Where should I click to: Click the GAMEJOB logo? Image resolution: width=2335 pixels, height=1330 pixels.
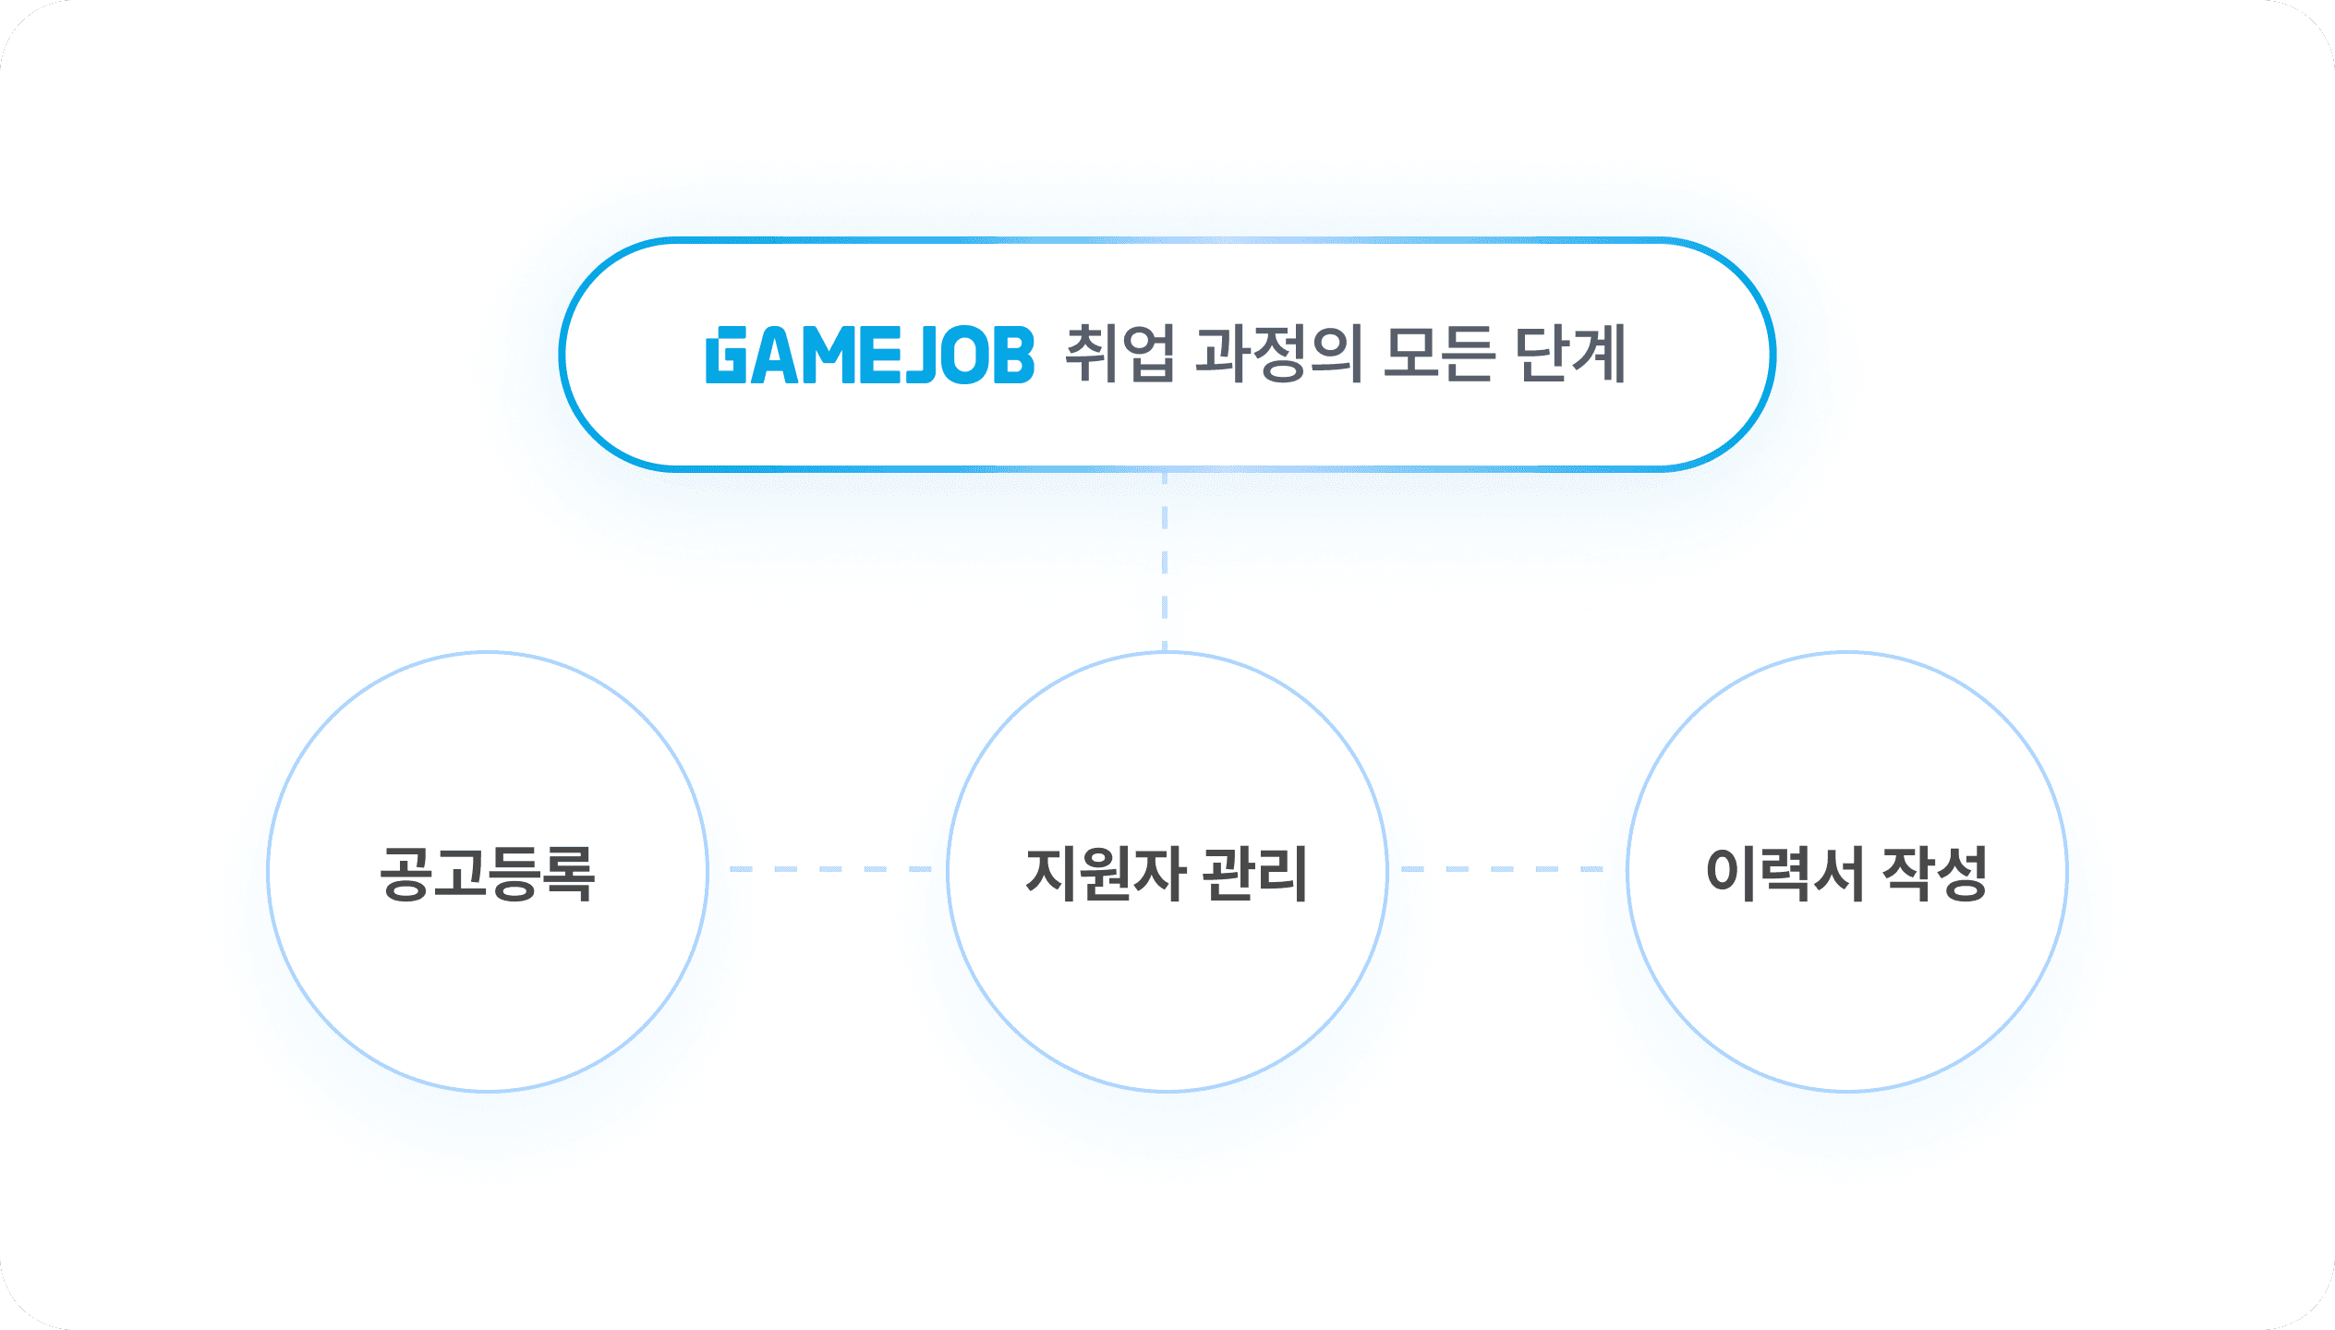coord(869,355)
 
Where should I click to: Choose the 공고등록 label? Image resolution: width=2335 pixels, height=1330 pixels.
coord(488,873)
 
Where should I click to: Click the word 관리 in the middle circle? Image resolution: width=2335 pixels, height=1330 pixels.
coord(1257,873)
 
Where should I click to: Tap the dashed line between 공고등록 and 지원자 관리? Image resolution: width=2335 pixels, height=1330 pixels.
coord(829,869)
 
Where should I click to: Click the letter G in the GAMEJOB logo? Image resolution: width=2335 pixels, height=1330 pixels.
coord(726,356)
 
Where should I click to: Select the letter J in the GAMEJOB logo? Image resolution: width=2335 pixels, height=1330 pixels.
coord(920,356)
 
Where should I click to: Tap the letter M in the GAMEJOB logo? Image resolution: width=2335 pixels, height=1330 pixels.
coord(827,356)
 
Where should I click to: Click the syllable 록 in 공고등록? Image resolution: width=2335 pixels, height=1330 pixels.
coord(569,873)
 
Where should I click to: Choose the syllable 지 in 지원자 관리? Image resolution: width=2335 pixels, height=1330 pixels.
coord(1052,873)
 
